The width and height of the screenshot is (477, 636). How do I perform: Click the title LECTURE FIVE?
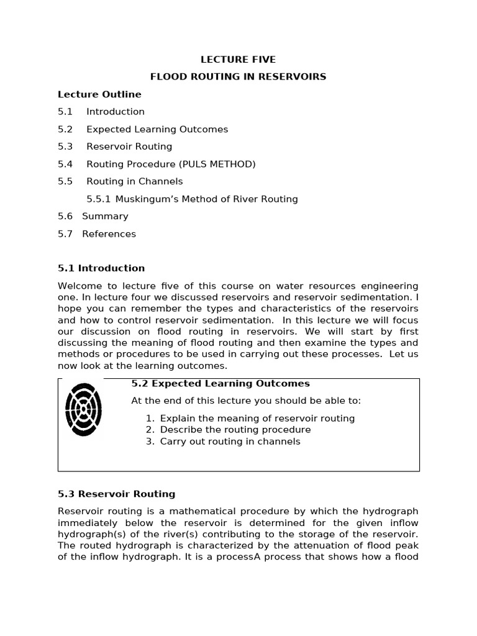[x=238, y=60]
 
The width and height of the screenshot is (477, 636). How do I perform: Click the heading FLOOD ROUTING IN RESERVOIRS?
[x=238, y=77]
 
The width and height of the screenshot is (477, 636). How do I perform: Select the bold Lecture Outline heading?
[x=99, y=94]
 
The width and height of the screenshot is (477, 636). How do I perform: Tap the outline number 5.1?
[x=65, y=112]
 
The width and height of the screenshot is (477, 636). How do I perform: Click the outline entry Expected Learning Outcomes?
[x=157, y=129]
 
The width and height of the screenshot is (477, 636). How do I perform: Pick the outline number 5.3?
[x=65, y=147]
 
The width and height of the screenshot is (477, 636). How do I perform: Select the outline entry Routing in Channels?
[x=135, y=181]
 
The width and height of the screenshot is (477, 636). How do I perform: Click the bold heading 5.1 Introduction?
[x=101, y=268]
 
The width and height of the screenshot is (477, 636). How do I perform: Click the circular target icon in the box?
[x=83, y=409]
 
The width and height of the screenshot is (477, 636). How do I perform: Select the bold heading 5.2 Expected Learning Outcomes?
[x=220, y=384]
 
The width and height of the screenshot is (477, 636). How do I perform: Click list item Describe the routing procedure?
[x=235, y=430]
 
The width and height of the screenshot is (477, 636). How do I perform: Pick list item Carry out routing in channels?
[x=230, y=442]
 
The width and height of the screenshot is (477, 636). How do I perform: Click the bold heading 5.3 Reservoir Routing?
[x=116, y=494]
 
